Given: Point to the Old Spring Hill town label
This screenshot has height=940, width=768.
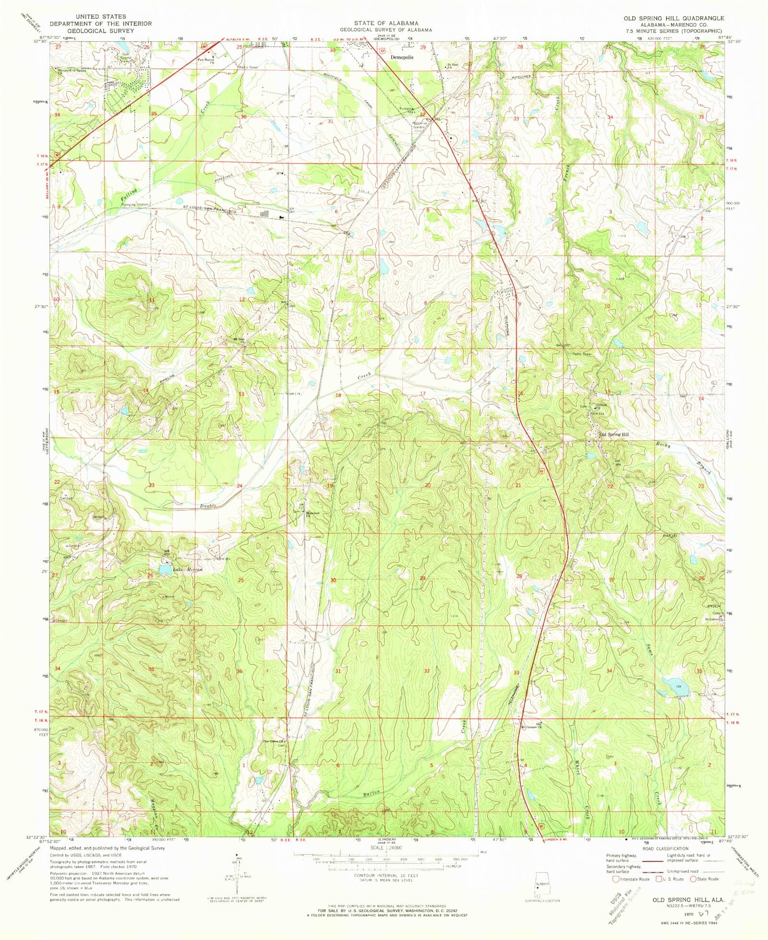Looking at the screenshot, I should [614, 435].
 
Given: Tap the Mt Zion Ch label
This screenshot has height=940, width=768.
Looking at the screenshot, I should [239, 340].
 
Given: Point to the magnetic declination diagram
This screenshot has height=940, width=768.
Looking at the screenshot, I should [236, 874].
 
